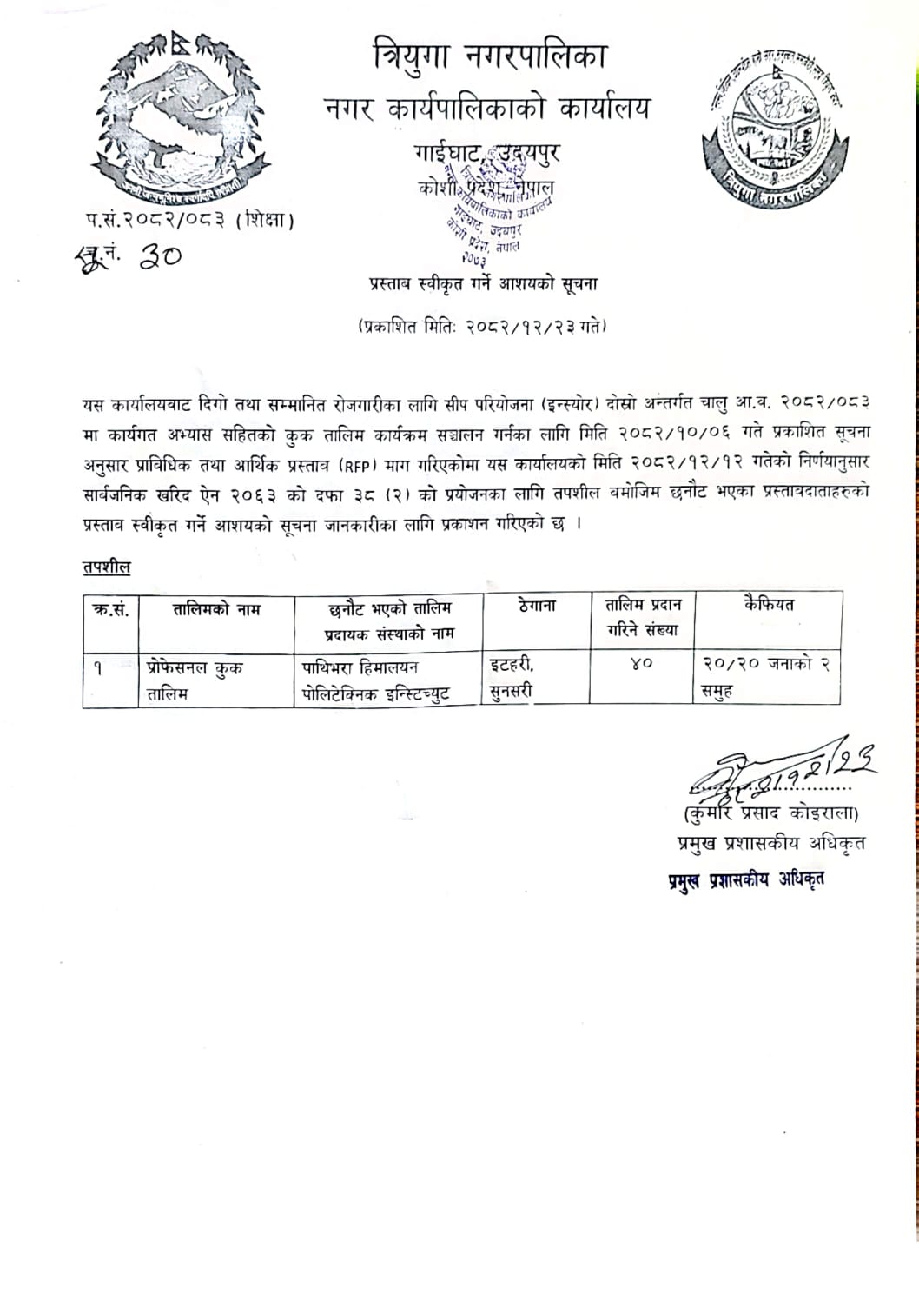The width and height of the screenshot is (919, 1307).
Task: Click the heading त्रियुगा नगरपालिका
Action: click(488, 56)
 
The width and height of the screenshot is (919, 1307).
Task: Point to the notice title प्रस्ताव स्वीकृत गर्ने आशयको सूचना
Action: click(483, 284)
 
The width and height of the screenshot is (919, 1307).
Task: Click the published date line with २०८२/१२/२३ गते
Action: click(482, 327)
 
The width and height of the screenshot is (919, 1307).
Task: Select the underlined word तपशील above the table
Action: click(107, 567)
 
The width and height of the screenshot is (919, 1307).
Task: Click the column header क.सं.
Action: click(110, 609)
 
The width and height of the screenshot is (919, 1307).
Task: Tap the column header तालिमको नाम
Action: click(216, 609)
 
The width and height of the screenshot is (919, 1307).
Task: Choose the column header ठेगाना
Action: click(536, 606)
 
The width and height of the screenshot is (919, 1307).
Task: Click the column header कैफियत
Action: click(768, 605)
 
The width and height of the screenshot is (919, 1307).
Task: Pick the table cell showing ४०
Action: click(641, 665)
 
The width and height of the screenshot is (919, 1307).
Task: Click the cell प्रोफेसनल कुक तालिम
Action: click(195, 680)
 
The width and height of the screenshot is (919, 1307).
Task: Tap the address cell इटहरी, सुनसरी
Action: click(512, 679)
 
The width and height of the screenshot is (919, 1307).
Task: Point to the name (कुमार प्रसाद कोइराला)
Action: click(770, 814)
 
